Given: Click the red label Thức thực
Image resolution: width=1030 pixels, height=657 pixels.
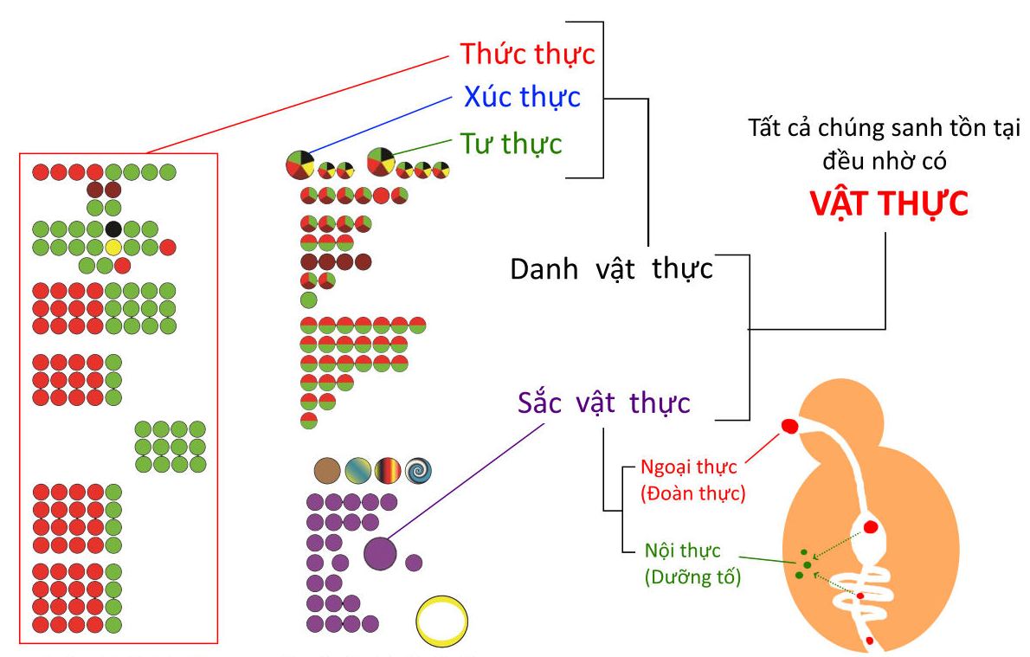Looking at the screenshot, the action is pos(527,54).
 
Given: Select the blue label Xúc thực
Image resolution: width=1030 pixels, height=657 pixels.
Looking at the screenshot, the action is pos(522,97).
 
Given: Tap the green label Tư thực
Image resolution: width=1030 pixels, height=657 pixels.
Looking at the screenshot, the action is pos(511,144).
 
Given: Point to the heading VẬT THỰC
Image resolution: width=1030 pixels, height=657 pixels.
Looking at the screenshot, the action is pos(889,203).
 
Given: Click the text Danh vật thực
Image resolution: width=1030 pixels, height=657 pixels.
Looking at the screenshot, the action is pos(612,269).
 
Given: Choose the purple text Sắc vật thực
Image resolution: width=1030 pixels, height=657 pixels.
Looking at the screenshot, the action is pos(603,403).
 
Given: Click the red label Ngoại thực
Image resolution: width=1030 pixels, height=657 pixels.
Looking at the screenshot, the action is pos(688,467).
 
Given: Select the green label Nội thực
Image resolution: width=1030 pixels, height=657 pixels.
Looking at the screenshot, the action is pos(683,551).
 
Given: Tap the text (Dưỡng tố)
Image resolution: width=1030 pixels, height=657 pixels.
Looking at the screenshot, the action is pos(692,576).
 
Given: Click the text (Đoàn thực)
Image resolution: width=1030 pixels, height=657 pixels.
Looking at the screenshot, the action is pos(693,493).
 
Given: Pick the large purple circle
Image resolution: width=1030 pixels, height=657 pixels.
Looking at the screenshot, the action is pos(380,553).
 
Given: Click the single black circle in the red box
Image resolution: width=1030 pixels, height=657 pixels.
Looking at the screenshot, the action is pos(113,229).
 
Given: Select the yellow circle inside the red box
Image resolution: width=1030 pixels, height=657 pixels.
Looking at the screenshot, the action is pos(113,247).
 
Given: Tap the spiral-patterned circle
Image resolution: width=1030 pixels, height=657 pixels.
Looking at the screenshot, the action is pos(418,470).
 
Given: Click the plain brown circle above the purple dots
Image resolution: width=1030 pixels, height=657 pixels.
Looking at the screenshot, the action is pos(327,470).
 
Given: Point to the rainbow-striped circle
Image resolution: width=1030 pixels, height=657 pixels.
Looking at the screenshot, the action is pos(388,470).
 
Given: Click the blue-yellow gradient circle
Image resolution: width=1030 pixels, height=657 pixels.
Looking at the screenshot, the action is pos(358,470).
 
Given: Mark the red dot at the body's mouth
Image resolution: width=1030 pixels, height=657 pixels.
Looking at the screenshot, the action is pos(789,427).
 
